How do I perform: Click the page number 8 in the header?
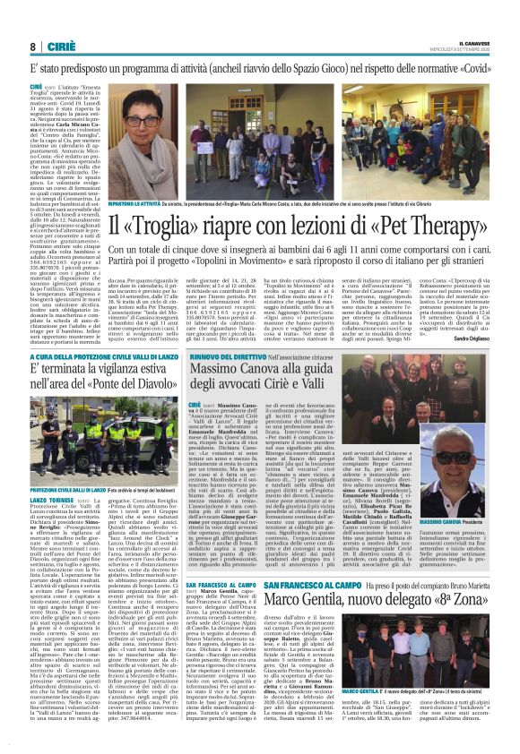(x=32, y=47)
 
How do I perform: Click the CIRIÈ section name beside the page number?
(x=59, y=47)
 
